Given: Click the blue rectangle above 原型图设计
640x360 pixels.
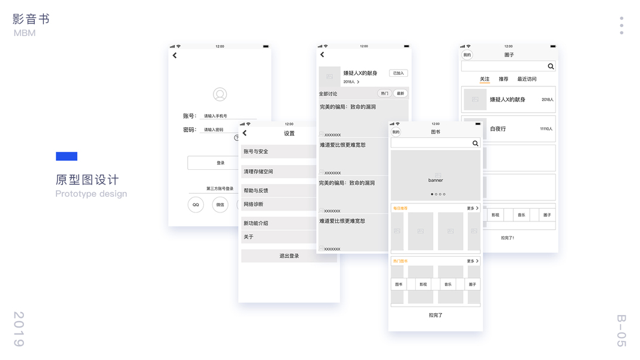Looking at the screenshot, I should click(67, 157).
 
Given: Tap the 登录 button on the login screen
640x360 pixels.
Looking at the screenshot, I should click(220, 163).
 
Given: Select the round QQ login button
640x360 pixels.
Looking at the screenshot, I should click(196, 205).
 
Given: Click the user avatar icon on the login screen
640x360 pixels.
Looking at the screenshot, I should click(220, 94).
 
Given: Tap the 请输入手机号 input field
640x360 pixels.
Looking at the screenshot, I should click(229, 116).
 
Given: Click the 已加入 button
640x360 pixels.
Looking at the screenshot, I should click(398, 73).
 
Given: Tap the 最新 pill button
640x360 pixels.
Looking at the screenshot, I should click(400, 94).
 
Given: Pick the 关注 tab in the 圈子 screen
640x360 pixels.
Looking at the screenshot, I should click(485, 79).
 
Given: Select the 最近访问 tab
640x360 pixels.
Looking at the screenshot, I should click(527, 79).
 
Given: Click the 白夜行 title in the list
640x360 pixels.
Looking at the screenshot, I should click(498, 129).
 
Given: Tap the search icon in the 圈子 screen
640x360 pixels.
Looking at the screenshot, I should click(551, 67).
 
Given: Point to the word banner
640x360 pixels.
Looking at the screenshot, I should click(435, 180).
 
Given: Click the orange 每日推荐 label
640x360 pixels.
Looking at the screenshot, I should click(400, 208).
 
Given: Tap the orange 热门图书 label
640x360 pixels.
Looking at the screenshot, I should click(400, 261).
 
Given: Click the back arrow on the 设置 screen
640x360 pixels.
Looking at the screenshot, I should click(245, 133).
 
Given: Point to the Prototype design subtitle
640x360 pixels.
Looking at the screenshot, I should click(91, 194).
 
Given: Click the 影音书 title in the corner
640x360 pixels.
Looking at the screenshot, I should click(31, 19).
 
